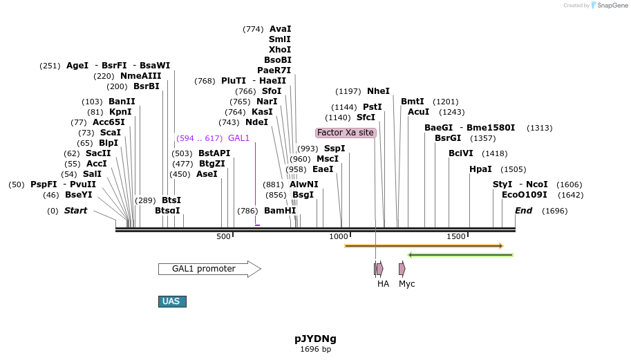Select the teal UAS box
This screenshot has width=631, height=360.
[172, 301]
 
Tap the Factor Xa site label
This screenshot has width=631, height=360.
[346, 133]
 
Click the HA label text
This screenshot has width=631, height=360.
[383, 283]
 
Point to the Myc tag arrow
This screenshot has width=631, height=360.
[402, 269]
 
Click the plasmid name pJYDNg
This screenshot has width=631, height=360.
[315, 339]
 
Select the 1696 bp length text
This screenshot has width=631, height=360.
[315, 350]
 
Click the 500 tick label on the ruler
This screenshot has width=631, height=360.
[223, 236]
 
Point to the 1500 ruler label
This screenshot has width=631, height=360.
[456, 236]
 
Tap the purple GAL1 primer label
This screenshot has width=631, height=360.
[238, 138]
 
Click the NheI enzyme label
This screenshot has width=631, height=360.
[378, 91]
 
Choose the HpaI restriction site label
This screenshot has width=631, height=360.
[480, 169]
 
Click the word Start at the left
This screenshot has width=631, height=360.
[75, 211]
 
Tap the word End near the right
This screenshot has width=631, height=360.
[523, 211]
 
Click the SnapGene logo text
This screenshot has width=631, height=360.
[611, 6]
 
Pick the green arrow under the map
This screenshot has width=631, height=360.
[460, 255]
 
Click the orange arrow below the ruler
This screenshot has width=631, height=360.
[423, 246]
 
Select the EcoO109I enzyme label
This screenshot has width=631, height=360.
[524, 195]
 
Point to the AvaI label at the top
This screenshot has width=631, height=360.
[280, 29]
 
